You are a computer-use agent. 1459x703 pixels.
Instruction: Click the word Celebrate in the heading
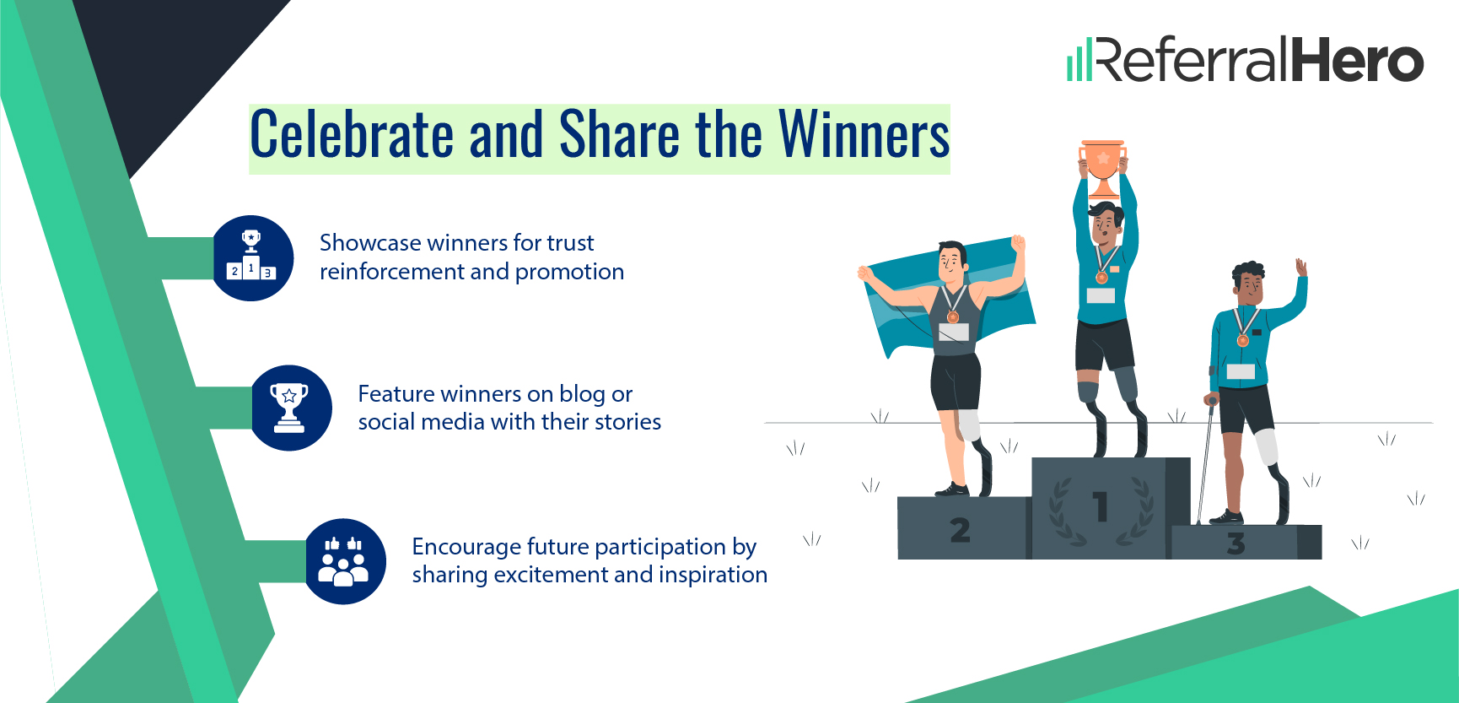click(x=352, y=135)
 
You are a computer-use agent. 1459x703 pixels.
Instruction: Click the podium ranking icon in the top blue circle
click(x=251, y=257)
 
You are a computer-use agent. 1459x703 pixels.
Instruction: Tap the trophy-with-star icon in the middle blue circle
click(x=289, y=407)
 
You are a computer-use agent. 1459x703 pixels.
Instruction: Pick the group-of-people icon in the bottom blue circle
click(x=343, y=561)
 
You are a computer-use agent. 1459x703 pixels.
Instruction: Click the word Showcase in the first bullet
click(x=370, y=243)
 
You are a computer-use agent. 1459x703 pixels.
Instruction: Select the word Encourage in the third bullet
click(x=466, y=547)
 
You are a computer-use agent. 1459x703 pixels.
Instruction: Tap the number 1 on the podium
click(x=1100, y=507)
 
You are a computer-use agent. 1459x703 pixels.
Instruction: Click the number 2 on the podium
click(x=960, y=530)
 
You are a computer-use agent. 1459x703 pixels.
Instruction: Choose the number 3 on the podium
click(x=1236, y=543)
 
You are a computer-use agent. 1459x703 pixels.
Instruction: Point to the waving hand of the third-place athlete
click(x=1301, y=268)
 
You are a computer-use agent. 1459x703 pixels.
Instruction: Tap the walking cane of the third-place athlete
click(x=1205, y=464)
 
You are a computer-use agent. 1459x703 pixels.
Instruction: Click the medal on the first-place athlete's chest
click(x=1101, y=277)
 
